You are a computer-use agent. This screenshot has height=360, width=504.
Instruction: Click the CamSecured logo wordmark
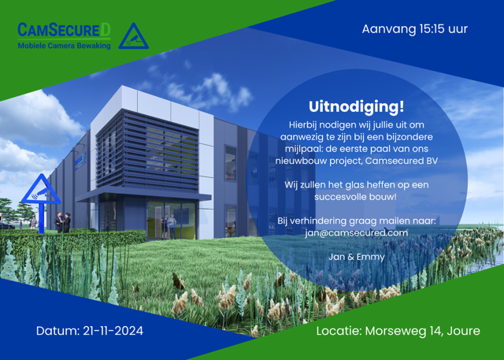coord(64,30)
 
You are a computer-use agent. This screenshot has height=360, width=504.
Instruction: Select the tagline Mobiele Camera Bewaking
coord(64,46)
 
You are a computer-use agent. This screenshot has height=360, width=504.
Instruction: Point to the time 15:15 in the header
coord(432,29)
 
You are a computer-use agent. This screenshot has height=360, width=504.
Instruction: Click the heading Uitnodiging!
coord(357,106)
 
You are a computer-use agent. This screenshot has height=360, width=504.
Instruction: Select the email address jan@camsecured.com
coord(357,232)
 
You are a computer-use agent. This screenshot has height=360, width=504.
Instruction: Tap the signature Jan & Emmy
coord(357,257)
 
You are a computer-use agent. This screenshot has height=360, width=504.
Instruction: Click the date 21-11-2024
coord(113,331)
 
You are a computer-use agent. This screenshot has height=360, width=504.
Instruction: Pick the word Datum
coord(57,331)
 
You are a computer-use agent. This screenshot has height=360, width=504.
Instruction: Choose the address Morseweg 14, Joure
coord(423,331)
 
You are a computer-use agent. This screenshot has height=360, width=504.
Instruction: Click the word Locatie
coord(339,331)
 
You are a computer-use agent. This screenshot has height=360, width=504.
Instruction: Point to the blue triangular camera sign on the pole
coord(41,190)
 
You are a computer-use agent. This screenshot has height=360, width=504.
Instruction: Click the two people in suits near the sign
coord(62,222)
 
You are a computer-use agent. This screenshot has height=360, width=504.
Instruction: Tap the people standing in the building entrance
coord(169,226)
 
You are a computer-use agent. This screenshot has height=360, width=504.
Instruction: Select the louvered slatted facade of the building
coord(147,150)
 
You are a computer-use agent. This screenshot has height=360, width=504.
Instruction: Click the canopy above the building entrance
coord(143,195)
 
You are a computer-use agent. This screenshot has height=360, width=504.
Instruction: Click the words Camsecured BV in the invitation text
coord(402,161)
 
